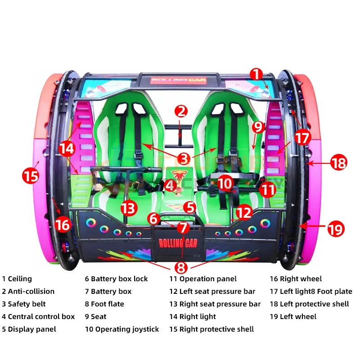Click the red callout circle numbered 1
(x=256, y=74)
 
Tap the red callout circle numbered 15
(x=31, y=175)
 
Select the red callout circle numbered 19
(x=335, y=229)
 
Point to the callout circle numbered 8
(x=181, y=268)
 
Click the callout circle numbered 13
(x=128, y=208)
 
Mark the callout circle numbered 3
(x=183, y=158)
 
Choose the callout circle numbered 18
(x=339, y=162)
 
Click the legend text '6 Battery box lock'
(x=116, y=279)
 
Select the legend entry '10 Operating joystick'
(x=122, y=329)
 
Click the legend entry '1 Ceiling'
(x=17, y=279)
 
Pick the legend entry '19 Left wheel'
(x=293, y=317)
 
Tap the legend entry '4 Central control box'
(x=38, y=317)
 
